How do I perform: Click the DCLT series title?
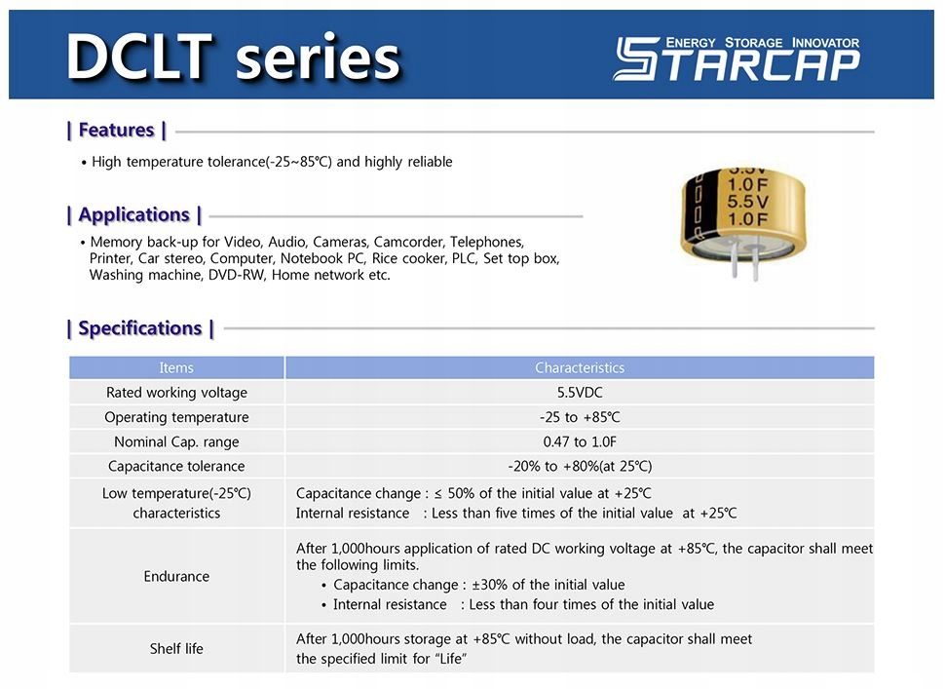click(x=233, y=57)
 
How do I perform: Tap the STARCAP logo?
click(x=737, y=57)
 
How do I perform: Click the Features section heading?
click(x=116, y=131)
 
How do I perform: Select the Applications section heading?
click(x=133, y=215)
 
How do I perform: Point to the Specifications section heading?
click(x=140, y=328)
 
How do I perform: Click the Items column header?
click(x=176, y=367)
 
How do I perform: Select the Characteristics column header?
click(x=580, y=367)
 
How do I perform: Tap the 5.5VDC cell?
click(x=580, y=393)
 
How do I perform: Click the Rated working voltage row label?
click(x=176, y=393)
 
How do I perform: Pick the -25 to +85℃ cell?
click(x=580, y=417)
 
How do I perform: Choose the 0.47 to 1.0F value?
click(x=580, y=441)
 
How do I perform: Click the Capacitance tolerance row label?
click(x=176, y=466)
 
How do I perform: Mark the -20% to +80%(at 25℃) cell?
click(x=580, y=466)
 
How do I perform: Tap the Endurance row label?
click(x=176, y=576)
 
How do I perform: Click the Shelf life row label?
click(x=176, y=649)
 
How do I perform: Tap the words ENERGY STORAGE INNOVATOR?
click(x=763, y=43)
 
